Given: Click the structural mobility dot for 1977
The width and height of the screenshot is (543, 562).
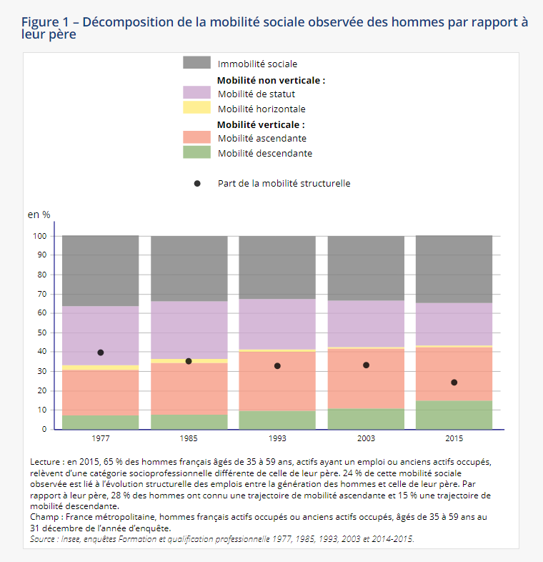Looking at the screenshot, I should tap(101, 353).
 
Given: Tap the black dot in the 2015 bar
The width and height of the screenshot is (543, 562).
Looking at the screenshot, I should tap(454, 383).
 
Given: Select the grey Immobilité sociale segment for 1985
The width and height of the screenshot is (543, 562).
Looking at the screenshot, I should tap(189, 268).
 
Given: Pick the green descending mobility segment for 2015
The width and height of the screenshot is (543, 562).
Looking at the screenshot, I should tap(454, 415).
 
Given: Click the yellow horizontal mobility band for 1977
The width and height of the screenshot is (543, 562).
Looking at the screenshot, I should tap(101, 368).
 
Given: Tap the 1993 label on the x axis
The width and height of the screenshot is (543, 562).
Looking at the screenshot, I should tap(277, 438).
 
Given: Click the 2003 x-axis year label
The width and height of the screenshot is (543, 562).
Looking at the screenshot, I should tap(366, 438).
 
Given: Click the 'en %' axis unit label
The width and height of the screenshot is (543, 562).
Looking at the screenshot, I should tap(39, 215).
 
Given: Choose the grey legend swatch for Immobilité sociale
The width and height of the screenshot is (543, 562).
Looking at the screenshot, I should tap(196, 63).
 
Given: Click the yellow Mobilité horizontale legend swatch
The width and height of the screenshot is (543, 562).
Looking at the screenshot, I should tap(196, 108).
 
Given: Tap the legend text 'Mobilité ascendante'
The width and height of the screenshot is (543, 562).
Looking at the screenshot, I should tap(262, 138).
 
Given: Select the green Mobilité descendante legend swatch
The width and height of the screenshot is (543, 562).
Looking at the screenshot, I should tap(196, 152).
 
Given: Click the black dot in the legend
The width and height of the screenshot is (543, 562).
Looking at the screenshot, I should tap(197, 183).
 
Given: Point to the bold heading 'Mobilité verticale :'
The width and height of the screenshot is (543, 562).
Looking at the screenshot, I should tap(261, 124).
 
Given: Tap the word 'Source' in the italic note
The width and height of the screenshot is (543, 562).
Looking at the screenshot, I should tap(45, 538).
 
